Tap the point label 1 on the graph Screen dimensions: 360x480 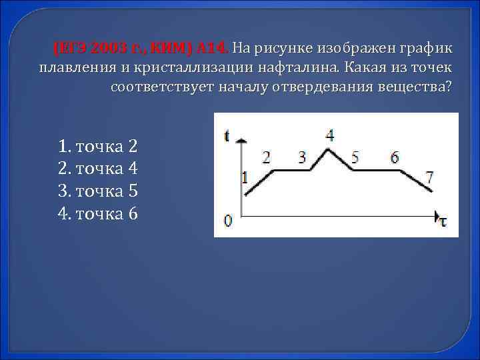coord(244,178)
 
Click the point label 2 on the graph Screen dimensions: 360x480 coord(267,157)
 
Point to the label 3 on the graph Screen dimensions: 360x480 coord(302,157)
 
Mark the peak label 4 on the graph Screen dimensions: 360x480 coord(330,135)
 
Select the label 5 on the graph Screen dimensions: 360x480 coord(355,157)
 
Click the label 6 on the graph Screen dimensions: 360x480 coord(395,157)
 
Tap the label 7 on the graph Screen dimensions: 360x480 coord(430,177)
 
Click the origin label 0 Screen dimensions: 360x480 coord(228,220)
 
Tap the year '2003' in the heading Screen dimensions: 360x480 coord(107,49)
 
